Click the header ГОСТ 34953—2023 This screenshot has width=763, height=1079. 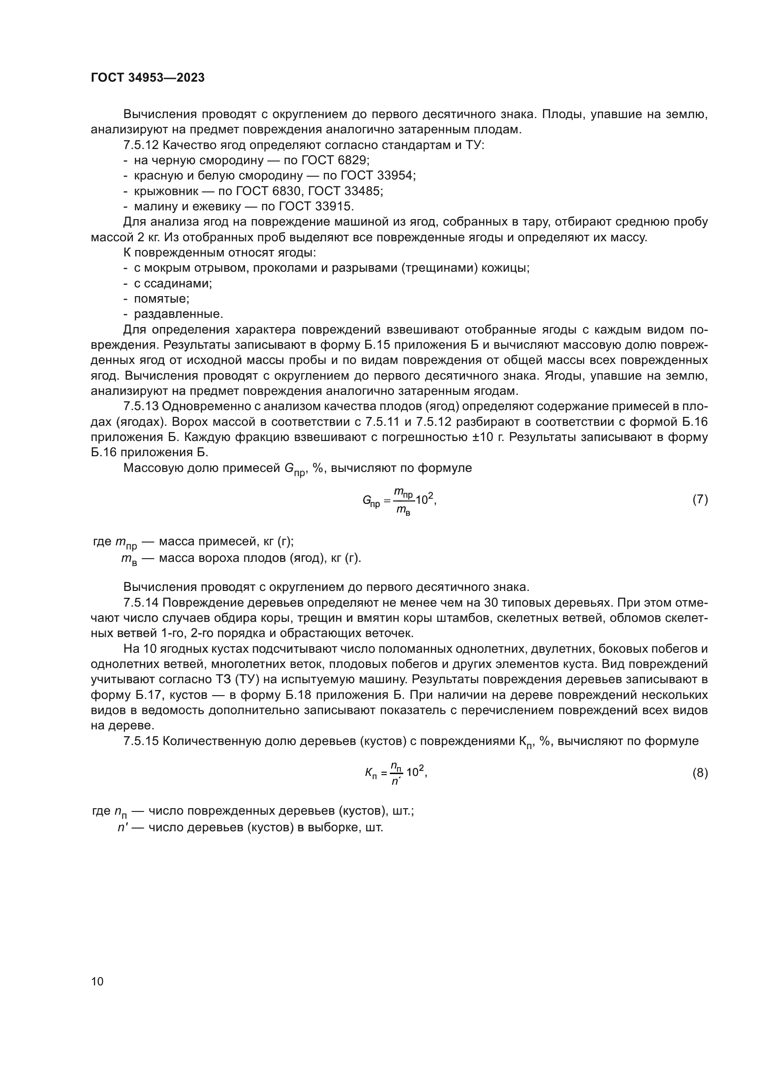148,77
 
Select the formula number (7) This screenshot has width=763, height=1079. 700,499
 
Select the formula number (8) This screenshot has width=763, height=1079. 700,773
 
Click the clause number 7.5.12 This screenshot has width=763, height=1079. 141,145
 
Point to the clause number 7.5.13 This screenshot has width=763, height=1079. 141,406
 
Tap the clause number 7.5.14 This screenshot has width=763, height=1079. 141,603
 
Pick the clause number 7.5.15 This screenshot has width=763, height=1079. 141,742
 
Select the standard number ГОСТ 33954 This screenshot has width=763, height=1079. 378,176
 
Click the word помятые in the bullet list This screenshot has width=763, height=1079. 161,299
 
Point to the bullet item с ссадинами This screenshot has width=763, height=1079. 173,283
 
